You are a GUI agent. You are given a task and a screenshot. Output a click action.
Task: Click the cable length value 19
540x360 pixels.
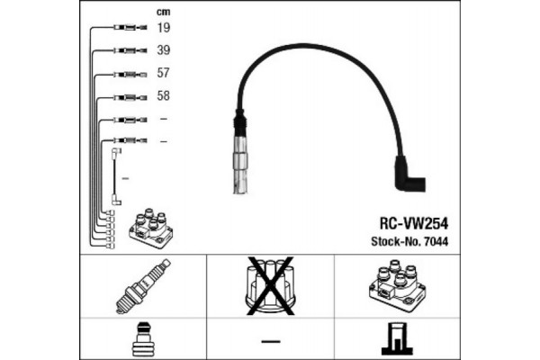coord(164,28)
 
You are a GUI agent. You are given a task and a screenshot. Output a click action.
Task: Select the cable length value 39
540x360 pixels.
coord(164,50)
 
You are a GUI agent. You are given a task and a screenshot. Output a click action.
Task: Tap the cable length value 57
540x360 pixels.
coord(164,73)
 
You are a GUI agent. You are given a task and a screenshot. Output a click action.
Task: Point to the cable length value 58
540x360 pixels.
coord(164,95)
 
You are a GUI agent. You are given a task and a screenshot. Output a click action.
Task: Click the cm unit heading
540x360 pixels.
coord(163,12)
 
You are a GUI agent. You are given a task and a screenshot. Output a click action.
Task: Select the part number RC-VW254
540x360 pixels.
coord(414,223)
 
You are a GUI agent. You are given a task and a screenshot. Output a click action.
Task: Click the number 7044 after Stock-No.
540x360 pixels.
coord(436,241)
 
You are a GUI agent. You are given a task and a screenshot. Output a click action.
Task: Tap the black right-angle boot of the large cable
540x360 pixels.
coord(409,175)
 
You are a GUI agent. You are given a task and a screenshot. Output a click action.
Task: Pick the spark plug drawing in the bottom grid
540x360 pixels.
coord(143,286)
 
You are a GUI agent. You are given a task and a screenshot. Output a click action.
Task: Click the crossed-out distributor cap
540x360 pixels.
coord(270,286)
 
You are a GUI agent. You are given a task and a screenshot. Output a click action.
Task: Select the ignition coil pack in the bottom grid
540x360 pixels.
coord(397,286)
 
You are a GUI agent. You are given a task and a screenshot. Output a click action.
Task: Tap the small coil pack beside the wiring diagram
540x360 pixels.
coord(150,228)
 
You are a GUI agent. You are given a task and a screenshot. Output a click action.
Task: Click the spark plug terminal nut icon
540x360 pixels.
coord(143,339)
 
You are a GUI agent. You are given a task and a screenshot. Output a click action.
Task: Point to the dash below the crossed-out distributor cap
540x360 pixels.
coord(271,341)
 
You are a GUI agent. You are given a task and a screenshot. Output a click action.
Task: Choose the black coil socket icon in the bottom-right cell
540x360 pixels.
coord(397,338)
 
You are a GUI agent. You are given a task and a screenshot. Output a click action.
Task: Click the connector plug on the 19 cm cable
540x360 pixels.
coord(130,27)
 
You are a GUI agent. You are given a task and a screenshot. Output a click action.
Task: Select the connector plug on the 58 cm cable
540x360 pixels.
coord(130,98)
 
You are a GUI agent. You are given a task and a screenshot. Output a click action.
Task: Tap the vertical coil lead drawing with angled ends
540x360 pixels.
coord(116,176)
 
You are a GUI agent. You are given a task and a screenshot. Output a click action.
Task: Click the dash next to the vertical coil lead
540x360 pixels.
coord(126,178)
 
